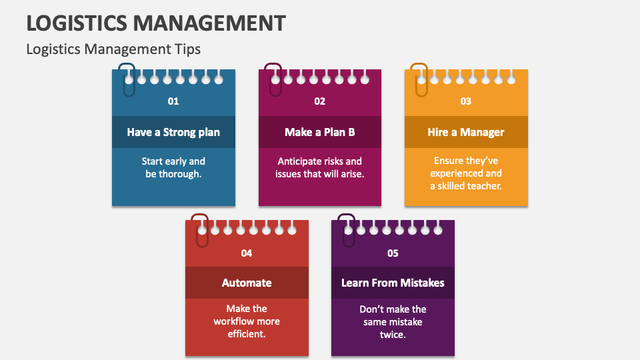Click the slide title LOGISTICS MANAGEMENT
tap(156, 23)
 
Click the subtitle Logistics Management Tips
tap(113, 49)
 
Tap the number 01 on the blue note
tap(173, 101)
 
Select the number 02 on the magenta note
tap(320, 101)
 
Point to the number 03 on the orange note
tap(466, 101)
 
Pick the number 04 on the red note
tap(247, 253)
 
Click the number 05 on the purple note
tap(393, 253)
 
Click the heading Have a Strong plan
tap(173, 132)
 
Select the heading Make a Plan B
tap(320, 132)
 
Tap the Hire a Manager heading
tap(466, 132)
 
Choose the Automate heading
tap(247, 283)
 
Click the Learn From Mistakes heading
tap(393, 283)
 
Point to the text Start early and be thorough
tap(173, 167)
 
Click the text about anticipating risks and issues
tap(320, 167)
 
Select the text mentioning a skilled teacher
tap(466, 173)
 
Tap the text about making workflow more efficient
tap(247, 321)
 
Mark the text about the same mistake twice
tap(393, 321)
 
